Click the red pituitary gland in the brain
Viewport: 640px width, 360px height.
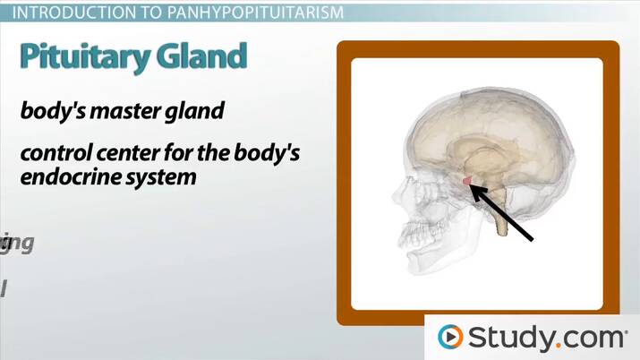point(466,182)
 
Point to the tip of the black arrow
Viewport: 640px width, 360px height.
point(470,185)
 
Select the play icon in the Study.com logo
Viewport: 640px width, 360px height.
point(449,338)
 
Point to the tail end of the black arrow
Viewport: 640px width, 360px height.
point(533,240)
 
